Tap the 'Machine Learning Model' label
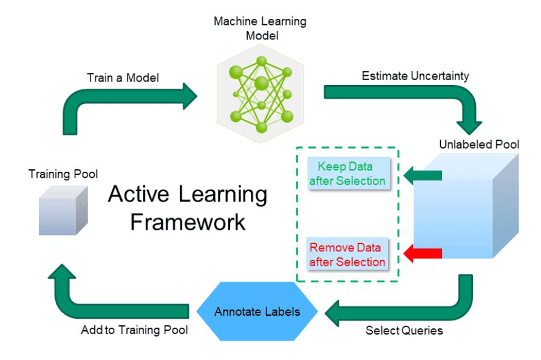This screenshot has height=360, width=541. [x=260, y=29]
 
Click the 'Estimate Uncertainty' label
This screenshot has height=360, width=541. [x=415, y=76]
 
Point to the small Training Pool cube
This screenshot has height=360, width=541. [x=63, y=211]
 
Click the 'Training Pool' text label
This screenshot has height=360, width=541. [x=63, y=174]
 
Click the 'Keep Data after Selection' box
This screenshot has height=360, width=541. [x=347, y=174]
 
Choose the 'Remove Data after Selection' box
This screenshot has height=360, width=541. [x=347, y=255]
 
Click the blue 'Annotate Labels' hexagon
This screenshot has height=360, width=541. [x=257, y=312]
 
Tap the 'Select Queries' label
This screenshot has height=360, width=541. [x=404, y=331]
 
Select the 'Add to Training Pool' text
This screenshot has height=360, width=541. [x=134, y=331]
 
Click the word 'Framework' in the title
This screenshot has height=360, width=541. [x=188, y=222]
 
